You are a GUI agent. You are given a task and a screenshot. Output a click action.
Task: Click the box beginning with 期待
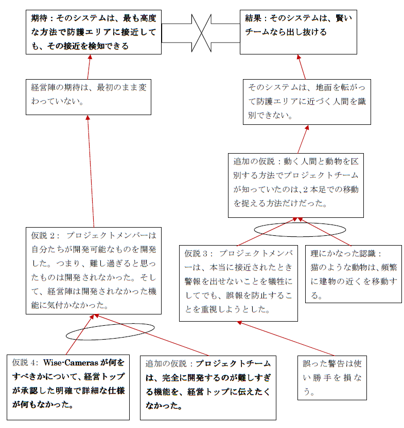coord(94,32)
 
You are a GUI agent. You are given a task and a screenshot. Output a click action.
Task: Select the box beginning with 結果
coord(298,32)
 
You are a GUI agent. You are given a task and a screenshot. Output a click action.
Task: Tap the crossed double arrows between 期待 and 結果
coord(201,33)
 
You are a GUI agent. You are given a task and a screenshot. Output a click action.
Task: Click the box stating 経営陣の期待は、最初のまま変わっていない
coord(89,97)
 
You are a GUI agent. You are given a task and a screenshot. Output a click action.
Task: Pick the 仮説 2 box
coord(94,271)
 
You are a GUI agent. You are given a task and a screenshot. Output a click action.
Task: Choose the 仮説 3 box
coord(238,283)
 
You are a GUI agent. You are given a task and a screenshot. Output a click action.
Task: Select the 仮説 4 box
coord(68,387)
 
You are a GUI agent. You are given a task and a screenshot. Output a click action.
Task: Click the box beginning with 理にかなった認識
coord(354,274)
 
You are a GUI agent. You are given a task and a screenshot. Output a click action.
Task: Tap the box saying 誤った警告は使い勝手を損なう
coord(332,378)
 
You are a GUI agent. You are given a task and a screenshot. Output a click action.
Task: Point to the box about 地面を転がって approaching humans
coord(307,102)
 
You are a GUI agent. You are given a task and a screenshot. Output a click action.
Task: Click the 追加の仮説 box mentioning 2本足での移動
coord(296,185)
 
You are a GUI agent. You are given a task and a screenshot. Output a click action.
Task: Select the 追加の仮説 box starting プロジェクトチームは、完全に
coord(208,388)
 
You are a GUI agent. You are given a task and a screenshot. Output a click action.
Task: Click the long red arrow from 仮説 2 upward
coord(91,171)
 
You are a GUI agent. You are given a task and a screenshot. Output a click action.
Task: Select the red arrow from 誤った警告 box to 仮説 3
coord(286,339)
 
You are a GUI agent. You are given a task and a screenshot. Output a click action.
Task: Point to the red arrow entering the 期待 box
coord(89,67)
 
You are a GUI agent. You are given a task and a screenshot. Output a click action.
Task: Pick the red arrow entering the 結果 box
coord(302,67)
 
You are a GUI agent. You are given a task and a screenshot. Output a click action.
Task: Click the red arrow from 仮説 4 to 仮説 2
coord(80,334)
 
